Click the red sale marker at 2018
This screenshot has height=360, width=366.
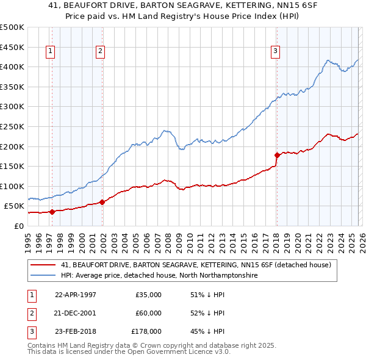point(276,155)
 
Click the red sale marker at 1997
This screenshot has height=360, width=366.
point(52,212)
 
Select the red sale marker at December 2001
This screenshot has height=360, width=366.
point(102,202)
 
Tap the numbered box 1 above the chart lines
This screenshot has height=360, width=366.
point(49,52)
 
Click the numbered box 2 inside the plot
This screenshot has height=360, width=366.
point(100,52)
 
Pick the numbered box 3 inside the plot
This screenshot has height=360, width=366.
point(276,52)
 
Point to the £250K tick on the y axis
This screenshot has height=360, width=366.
point(12,126)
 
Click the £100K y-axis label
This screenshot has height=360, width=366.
point(12,186)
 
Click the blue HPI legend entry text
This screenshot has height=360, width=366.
point(159,276)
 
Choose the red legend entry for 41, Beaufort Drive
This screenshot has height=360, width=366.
point(195,265)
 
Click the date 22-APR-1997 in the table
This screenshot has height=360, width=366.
point(76,295)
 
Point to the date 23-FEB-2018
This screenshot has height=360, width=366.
point(76,331)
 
